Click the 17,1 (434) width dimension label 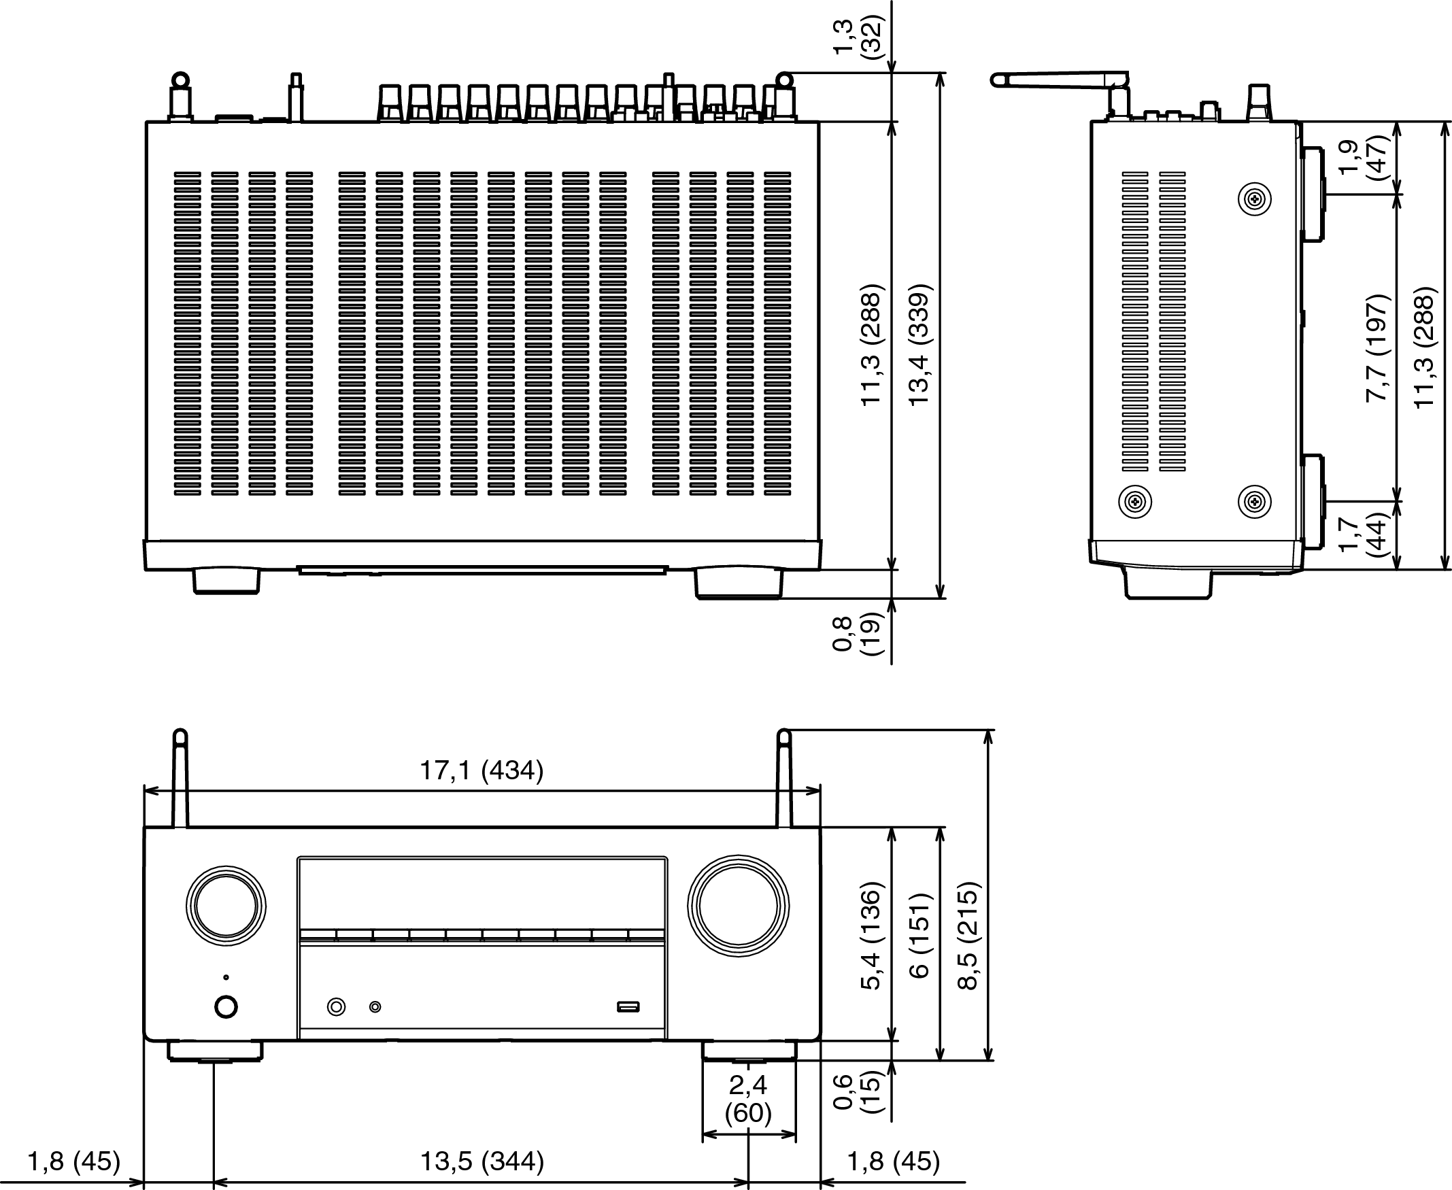482,770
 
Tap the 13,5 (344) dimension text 482,1161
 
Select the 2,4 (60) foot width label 748,1099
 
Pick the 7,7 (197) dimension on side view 1377,347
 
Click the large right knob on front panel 739,906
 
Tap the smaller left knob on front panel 226,906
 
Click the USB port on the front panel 628,1006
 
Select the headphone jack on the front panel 336,1006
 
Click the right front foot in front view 749,1051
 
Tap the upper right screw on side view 1255,199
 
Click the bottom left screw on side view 1134,502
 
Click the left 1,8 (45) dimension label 74,1161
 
